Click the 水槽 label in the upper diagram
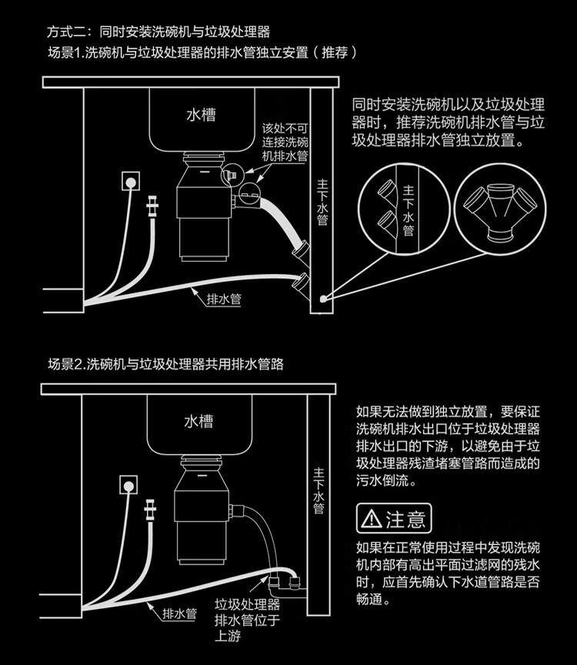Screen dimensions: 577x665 coord(201,115)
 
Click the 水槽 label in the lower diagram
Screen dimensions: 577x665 coord(198,422)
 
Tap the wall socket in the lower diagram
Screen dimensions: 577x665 coord(128,485)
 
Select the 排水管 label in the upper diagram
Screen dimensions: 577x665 coord(224,299)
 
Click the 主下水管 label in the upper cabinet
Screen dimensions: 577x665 coord(323,203)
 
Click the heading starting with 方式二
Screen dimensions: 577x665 coord(158,33)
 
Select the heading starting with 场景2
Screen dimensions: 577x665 coord(165,364)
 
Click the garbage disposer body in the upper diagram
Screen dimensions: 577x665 coord(202,212)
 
